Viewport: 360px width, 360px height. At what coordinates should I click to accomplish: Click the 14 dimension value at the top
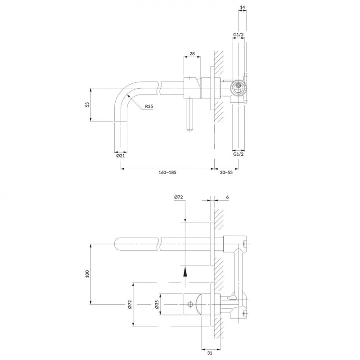click(x=243, y=8)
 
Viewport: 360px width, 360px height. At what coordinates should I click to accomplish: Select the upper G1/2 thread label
click(x=238, y=35)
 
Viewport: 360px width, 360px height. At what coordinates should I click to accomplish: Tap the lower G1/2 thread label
click(x=238, y=154)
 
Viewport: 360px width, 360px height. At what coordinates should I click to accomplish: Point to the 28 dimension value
click(x=192, y=54)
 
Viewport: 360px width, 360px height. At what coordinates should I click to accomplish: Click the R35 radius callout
click(x=149, y=107)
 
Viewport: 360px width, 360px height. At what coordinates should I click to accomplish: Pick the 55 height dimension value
click(x=87, y=104)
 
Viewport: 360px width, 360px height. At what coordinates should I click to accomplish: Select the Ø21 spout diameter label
click(x=120, y=156)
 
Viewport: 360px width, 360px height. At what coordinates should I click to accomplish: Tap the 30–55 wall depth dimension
click(x=226, y=172)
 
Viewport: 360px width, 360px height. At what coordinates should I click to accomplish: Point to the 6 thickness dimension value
click(x=228, y=197)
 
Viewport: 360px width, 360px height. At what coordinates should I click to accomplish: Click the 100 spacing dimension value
click(x=87, y=274)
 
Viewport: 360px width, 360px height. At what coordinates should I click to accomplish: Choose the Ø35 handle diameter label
click(x=157, y=305)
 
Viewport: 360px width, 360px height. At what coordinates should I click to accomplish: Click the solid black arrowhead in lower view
click(x=185, y=270)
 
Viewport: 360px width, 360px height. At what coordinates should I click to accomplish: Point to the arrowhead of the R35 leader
click(x=128, y=95)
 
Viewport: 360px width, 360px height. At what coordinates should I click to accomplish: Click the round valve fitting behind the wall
click(x=238, y=87)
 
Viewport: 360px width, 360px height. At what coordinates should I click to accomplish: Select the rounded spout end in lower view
click(x=118, y=243)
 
